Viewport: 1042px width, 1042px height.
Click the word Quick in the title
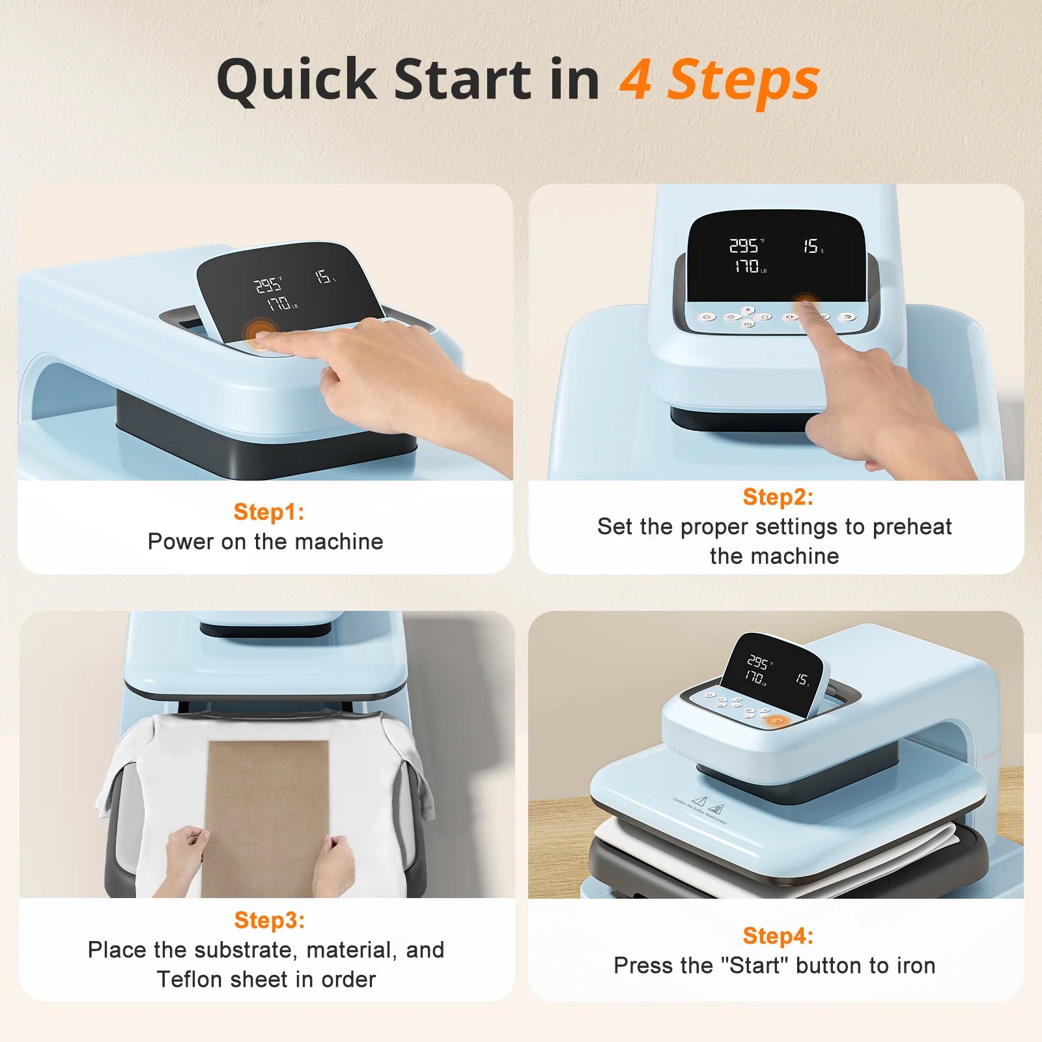pos(297,79)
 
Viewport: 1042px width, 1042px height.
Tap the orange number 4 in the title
pos(635,79)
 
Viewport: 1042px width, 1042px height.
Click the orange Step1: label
pos(269,512)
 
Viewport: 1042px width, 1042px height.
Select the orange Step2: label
pos(778,497)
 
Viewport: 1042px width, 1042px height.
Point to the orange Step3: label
pos(270,920)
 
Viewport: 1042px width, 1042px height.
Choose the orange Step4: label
pos(778,936)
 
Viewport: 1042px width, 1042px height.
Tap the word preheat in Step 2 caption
pos(912,526)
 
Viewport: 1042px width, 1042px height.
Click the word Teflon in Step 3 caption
pos(188,979)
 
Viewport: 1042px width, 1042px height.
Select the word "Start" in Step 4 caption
pos(755,965)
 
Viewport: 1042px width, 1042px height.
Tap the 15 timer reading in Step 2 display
pos(811,246)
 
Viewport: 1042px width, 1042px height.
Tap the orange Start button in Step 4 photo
pos(776,721)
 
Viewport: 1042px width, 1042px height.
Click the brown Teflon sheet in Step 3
pos(268,801)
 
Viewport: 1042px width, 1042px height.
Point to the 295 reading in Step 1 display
pos(267,285)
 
